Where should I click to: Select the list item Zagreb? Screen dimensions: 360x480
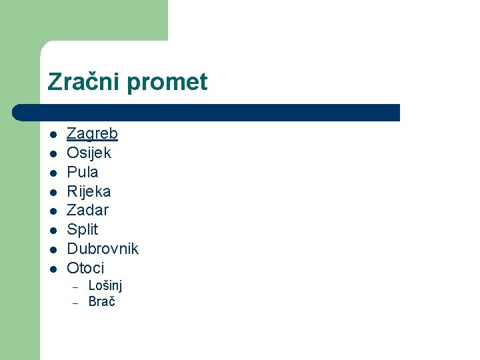[92, 134]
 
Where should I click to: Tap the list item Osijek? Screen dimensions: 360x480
[89, 153]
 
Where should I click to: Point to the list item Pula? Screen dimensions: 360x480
[83, 172]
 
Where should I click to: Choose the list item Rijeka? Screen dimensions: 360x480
[89, 191]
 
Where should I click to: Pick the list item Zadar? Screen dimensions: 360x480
[87, 211]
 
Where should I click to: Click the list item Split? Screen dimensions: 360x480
[82, 230]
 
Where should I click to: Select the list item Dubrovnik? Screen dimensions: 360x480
[103, 249]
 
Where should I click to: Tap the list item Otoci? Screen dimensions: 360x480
[85, 268]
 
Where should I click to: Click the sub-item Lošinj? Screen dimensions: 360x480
[105, 286]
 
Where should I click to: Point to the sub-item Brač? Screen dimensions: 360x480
[101, 301]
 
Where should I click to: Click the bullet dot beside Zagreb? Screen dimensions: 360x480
[53, 135]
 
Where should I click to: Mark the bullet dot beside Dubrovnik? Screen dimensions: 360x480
[53, 250]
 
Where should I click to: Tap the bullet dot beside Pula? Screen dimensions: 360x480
[53, 173]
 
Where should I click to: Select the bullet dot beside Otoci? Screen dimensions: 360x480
[53, 269]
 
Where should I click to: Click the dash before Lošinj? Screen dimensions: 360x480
[76, 287]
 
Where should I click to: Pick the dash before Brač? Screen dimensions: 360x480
[76, 302]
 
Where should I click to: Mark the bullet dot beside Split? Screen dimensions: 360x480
[53, 231]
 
